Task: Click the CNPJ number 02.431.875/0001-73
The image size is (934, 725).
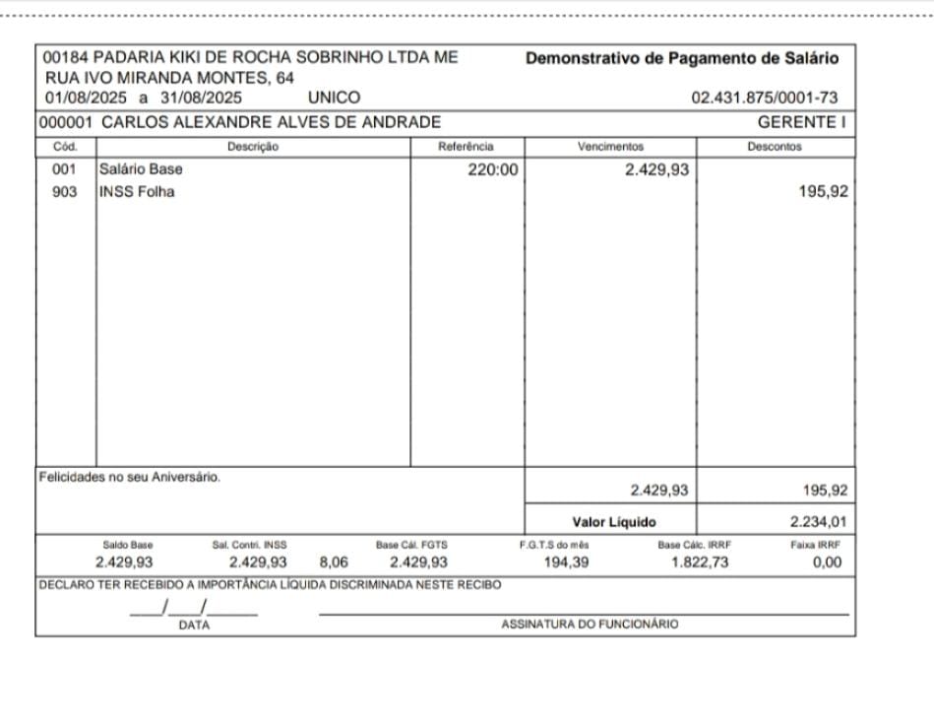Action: coord(765,98)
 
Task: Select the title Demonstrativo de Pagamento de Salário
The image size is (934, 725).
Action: coord(682,58)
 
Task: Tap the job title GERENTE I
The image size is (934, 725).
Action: coord(802,122)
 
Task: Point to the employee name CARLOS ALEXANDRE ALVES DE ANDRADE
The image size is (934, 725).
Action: coord(271,122)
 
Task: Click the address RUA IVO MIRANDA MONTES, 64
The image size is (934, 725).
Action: coord(169,78)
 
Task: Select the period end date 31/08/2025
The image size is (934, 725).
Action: coord(202,98)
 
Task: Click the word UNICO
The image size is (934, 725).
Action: coord(334,98)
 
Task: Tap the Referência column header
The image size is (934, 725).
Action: coord(466,147)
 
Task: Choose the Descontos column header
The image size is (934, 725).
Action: coord(775,147)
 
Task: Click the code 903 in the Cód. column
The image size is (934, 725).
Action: coord(65,192)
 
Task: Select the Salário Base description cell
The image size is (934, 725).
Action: coord(141,168)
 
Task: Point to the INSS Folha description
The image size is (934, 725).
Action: coord(137,192)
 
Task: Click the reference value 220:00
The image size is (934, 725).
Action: coord(492,169)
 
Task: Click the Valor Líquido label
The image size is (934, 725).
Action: coord(613,521)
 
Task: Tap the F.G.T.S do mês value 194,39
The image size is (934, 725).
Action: coord(567,562)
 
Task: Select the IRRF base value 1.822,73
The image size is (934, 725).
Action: coord(701,562)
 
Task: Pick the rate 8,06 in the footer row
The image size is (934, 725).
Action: coord(334,562)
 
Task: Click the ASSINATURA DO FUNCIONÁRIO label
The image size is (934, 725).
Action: coord(589,625)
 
